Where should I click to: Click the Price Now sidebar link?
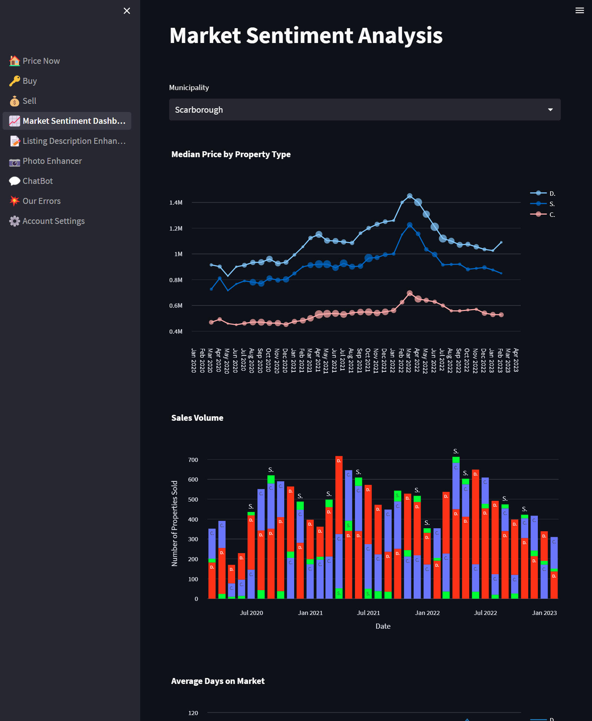point(41,61)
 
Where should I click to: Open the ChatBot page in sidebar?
point(37,181)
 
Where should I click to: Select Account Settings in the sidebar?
point(53,221)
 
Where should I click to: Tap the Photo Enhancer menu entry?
point(52,161)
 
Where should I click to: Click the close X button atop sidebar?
point(127,11)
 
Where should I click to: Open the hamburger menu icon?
point(579,11)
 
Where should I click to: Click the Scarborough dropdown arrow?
point(550,110)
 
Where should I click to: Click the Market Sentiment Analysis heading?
point(306,36)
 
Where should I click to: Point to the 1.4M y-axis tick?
point(176,203)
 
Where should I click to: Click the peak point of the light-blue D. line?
point(410,196)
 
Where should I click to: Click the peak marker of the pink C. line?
point(410,293)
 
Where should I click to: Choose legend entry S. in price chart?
point(552,204)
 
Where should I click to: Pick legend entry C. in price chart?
point(552,215)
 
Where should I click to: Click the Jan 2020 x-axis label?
point(194,360)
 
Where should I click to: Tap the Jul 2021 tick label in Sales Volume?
point(368,613)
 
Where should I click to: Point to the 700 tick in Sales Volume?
point(193,460)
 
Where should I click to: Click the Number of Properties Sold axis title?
point(174,523)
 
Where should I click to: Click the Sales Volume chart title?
point(197,418)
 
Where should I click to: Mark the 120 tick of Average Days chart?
point(193,713)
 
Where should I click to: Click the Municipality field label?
point(189,87)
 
